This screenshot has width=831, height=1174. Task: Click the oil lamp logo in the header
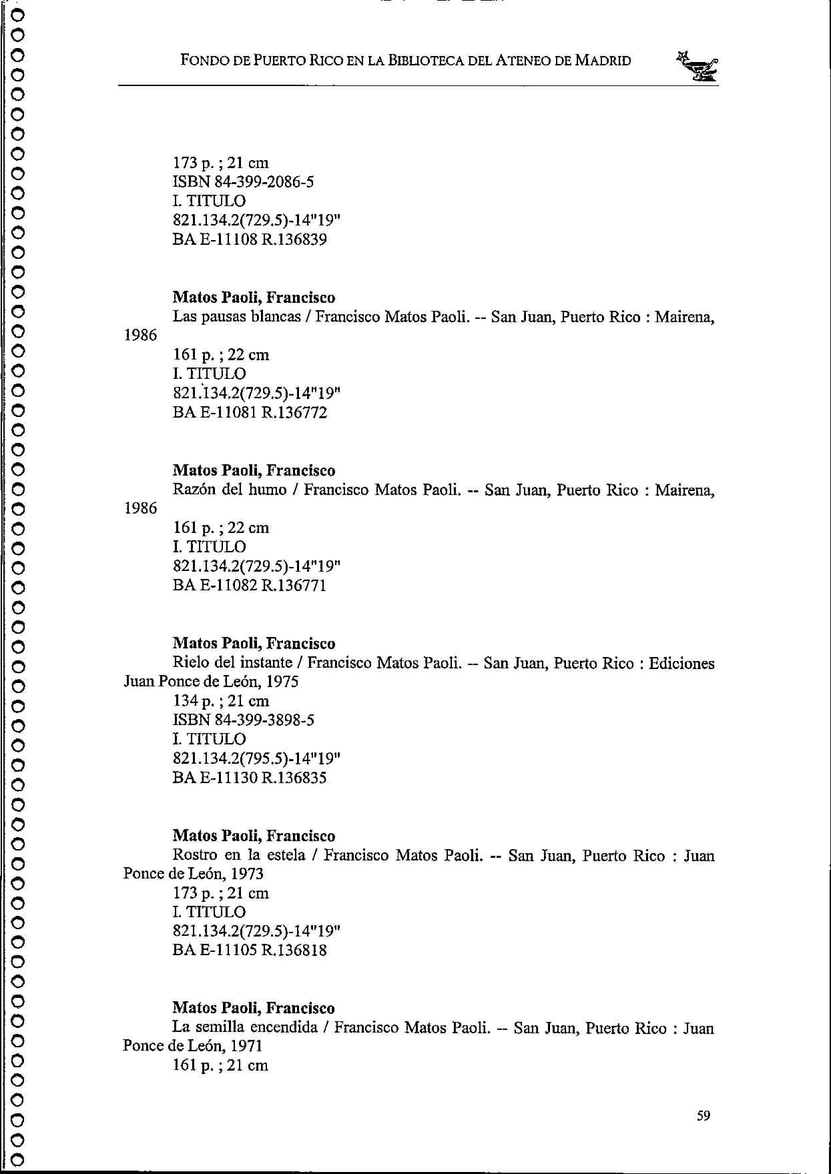(x=698, y=66)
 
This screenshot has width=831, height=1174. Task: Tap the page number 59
(x=704, y=1115)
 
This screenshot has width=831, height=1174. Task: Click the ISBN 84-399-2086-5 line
(x=243, y=182)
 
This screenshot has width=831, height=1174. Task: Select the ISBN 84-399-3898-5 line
(x=243, y=720)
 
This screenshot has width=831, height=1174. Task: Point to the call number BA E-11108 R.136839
(x=250, y=239)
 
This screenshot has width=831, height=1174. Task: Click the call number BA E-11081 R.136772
(x=250, y=412)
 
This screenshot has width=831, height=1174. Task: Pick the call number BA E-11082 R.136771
(x=250, y=586)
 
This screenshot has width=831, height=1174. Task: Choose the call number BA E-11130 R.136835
(x=250, y=778)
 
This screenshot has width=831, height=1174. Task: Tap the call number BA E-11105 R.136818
(x=250, y=950)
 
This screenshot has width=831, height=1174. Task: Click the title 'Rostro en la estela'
(x=238, y=855)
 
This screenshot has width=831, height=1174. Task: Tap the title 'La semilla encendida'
(x=244, y=1027)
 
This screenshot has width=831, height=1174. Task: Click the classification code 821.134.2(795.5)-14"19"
(x=256, y=758)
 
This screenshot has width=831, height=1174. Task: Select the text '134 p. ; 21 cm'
(x=221, y=701)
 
